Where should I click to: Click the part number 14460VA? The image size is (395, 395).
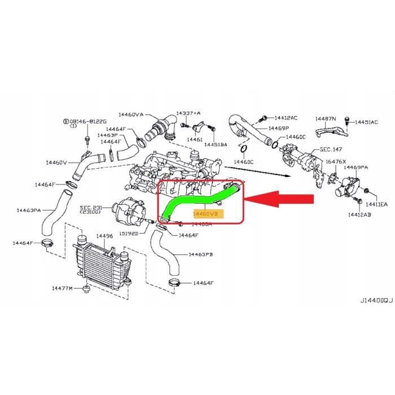(x=131, y=113)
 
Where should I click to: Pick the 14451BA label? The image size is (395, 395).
(x=215, y=145)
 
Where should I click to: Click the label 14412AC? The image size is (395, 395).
(x=286, y=118)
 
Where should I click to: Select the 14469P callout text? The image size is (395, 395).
(x=280, y=128)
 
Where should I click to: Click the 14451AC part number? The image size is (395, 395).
(x=367, y=121)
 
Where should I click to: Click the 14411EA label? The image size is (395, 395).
(x=376, y=204)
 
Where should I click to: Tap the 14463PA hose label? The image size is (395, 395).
(x=29, y=210)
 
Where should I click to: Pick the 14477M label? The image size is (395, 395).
(x=63, y=288)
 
